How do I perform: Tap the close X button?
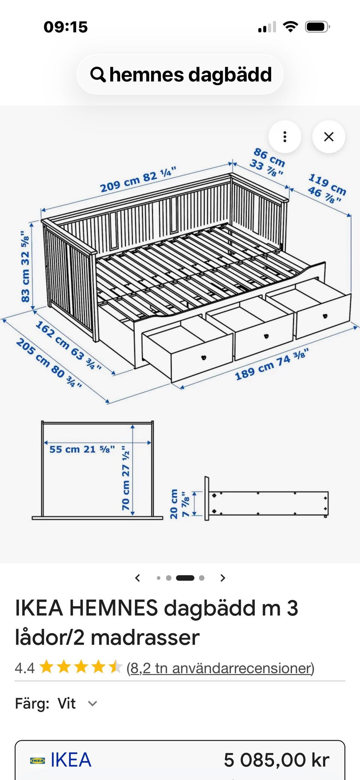(x=328, y=137)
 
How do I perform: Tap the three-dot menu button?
(x=285, y=137)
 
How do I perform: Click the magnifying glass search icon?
(x=98, y=75)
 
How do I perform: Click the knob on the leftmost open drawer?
(x=204, y=357)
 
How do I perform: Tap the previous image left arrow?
(x=138, y=578)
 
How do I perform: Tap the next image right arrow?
(x=223, y=578)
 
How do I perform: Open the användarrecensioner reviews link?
(x=220, y=668)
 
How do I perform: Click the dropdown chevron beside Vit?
(x=93, y=704)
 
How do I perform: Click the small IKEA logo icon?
(x=37, y=761)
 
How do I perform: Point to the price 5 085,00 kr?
(x=277, y=760)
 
